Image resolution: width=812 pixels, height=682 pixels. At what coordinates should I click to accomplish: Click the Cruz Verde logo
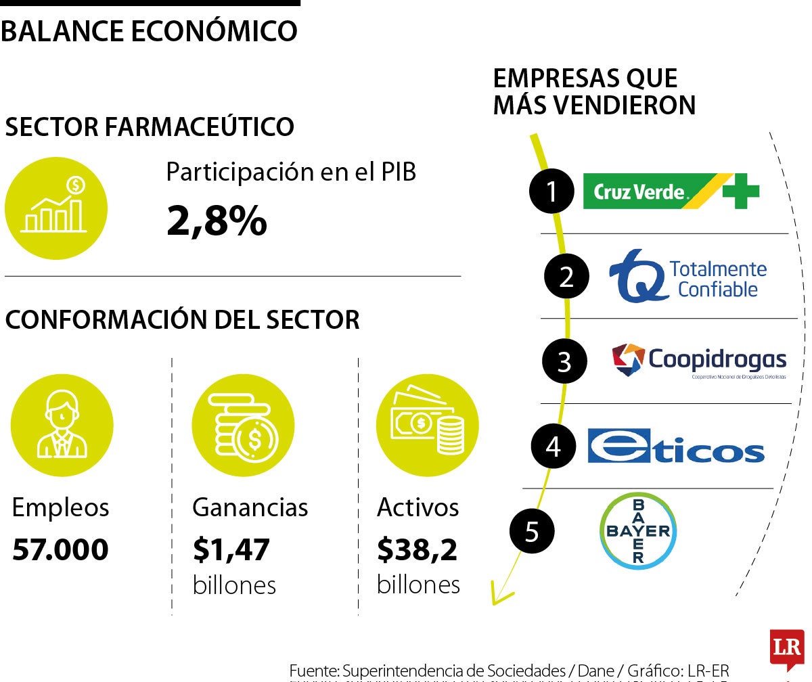[671, 191]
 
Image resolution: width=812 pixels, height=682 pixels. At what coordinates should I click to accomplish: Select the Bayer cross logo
[637, 530]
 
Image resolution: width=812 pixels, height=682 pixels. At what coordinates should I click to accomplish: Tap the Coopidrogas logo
[699, 361]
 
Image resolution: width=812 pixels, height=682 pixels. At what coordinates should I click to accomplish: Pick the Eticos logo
[675, 446]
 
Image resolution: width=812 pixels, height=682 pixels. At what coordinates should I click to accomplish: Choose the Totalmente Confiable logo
[688, 277]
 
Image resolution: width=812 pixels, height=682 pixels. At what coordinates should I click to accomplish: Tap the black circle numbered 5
[532, 530]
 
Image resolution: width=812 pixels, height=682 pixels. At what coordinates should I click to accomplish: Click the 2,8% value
[217, 221]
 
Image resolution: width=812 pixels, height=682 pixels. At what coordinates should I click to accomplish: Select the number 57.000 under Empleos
[60, 549]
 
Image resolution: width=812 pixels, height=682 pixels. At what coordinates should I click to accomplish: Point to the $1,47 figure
[231, 549]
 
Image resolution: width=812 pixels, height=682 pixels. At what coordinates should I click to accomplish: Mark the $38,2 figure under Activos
[417, 549]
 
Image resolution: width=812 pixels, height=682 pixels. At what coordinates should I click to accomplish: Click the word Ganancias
[250, 507]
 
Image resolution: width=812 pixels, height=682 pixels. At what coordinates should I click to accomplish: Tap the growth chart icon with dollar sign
[55, 208]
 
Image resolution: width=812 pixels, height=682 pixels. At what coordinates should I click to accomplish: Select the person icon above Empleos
[62, 426]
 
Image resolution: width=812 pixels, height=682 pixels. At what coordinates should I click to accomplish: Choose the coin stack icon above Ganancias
[243, 426]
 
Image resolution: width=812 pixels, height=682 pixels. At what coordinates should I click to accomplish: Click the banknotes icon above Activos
[427, 426]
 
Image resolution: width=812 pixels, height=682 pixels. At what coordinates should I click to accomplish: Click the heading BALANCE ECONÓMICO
[150, 31]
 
